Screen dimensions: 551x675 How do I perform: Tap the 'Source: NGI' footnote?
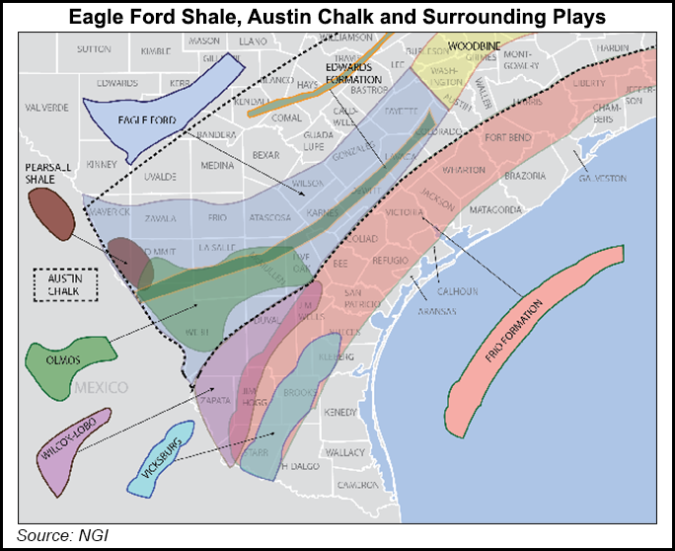pos(61,535)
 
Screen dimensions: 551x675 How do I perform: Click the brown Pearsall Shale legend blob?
pos(50,213)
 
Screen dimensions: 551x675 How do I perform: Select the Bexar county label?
pos(266,155)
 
